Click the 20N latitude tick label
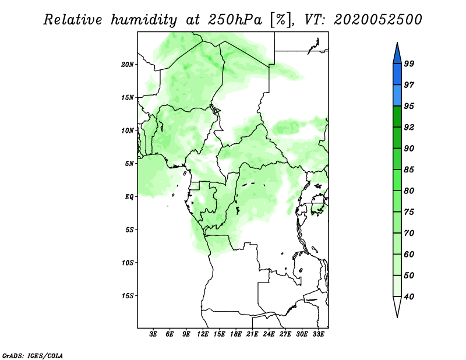click(x=127, y=64)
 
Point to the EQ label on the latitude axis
click(x=129, y=197)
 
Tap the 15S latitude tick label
click(x=127, y=296)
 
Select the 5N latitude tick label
click(x=129, y=164)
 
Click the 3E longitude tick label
click(x=153, y=334)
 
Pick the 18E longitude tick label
click(x=236, y=334)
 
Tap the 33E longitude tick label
click(x=318, y=334)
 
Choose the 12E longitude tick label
click(x=203, y=334)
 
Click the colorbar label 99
click(x=409, y=63)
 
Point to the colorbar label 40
click(x=409, y=297)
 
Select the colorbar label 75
click(x=409, y=212)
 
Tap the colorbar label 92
click(x=409, y=127)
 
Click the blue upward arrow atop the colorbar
click(x=397, y=55)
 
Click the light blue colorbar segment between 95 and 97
click(x=397, y=96)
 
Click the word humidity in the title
click(x=144, y=20)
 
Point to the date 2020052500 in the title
click(x=377, y=20)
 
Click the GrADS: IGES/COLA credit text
click(x=33, y=355)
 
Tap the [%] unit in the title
click(x=281, y=20)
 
